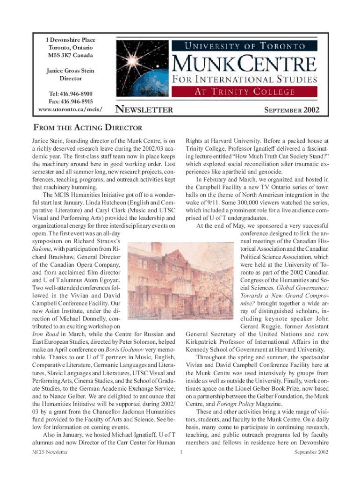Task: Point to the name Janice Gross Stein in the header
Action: click(x=70, y=71)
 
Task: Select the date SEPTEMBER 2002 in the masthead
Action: click(x=292, y=111)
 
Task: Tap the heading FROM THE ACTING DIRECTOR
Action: click(x=86, y=128)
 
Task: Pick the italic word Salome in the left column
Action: click(x=41, y=249)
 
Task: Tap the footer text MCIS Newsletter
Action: click(x=47, y=452)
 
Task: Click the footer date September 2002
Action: click(x=311, y=452)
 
